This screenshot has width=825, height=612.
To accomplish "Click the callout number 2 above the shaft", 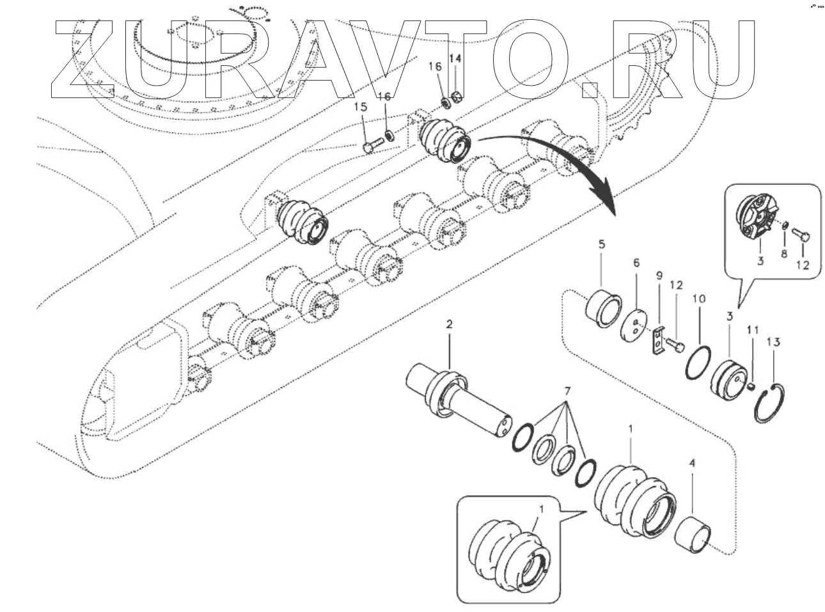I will (449, 326).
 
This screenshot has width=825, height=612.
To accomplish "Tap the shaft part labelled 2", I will (460, 404).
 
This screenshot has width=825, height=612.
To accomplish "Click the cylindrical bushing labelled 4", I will (698, 532).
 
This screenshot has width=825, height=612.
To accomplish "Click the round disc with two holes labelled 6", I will (634, 324).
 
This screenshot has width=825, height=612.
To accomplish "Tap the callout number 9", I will (658, 276).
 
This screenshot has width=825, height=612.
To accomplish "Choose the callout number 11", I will (753, 330).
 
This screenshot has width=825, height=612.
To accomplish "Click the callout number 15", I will (363, 106).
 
